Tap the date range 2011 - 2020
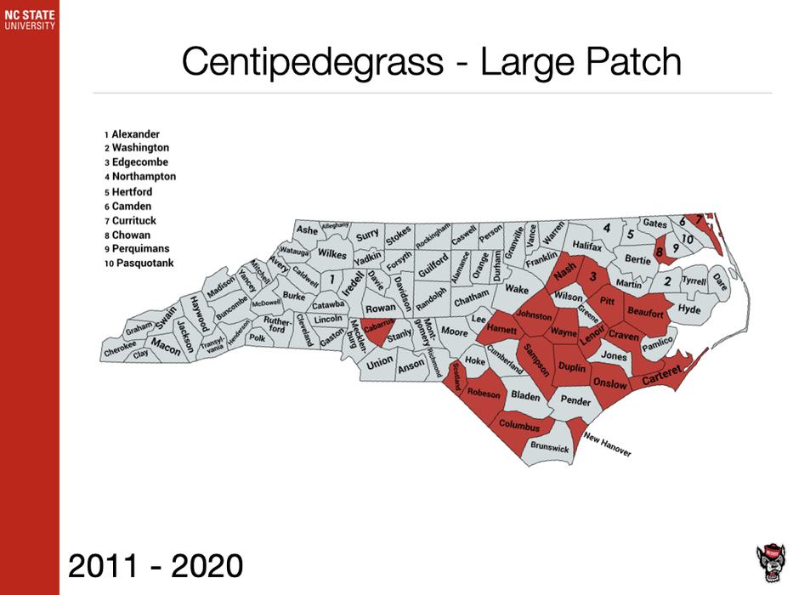coord(156,564)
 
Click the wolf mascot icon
coord(770,563)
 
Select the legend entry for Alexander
coord(135,134)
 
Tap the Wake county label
coord(517,290)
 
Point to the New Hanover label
coord(607,445)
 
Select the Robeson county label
coord(484,394)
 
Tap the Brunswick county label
coord(550,446)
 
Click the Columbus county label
coord(519,424)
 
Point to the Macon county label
coord(166,346)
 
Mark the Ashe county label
coord(307,230)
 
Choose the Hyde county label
coord(689,310)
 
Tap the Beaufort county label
coord(645,314)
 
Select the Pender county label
coord(575,400)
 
